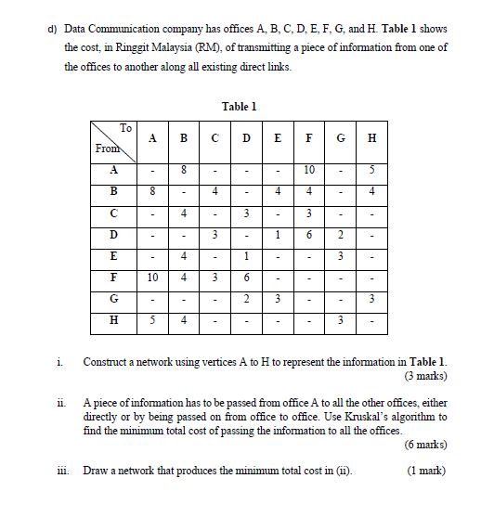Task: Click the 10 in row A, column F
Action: coord(308,170)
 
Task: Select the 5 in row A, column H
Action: coord(371,170)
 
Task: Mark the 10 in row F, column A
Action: coord(153,277)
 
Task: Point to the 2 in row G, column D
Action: coord(245,298)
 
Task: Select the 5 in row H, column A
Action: coord(153,321)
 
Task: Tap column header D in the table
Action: coord(245,139)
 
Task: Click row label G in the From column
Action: coord(113,298)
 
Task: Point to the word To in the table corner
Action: coord(126,128)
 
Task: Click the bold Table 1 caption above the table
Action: coord(240,107)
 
